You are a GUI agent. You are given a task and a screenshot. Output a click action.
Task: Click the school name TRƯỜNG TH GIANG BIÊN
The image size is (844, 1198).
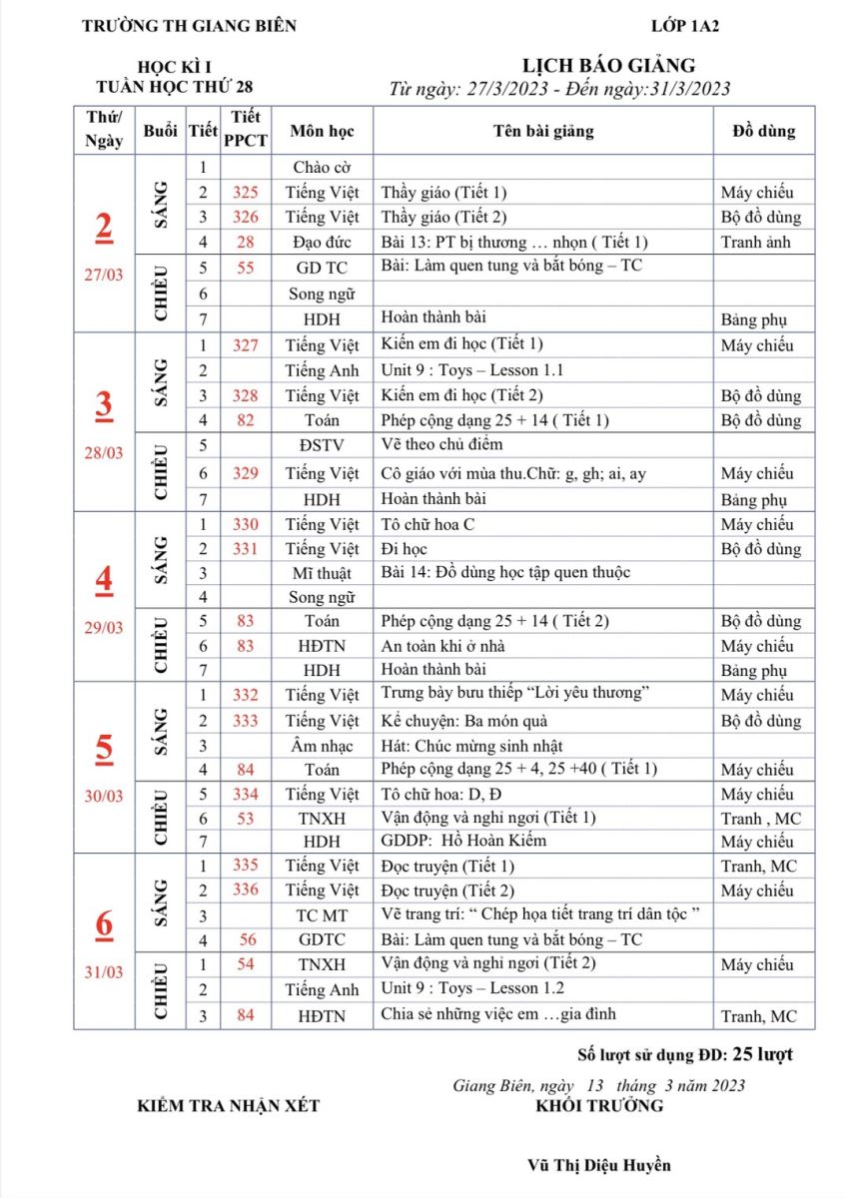[189, 26]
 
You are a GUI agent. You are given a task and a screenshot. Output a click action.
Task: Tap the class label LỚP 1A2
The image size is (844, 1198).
[684, 26]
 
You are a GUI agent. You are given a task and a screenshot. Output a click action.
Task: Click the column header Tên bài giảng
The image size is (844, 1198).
[543, 131]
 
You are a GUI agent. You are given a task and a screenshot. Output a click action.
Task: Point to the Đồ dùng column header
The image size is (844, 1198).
[763, 131]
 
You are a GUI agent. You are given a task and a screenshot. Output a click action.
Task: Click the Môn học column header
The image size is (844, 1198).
[322, 131]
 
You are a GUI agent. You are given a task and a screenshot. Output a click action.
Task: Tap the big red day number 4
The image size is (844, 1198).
[104, 579]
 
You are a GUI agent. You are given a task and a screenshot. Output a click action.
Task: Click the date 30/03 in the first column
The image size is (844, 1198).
[104, 798]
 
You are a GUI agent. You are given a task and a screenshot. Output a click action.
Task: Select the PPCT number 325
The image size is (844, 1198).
[246, 193]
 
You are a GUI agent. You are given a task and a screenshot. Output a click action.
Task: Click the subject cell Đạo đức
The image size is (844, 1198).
[322, 242]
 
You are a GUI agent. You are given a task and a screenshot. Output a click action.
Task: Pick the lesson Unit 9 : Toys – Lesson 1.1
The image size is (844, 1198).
[472, 370]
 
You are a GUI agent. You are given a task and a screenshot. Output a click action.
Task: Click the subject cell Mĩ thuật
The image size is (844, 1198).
[322, 573]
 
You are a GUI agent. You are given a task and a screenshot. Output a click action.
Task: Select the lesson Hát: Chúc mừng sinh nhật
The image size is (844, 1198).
[472, 746]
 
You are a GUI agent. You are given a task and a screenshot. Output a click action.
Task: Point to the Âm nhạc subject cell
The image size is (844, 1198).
[322, 746]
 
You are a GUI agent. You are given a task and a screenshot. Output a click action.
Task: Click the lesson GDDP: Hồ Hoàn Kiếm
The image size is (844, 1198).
[463, 841]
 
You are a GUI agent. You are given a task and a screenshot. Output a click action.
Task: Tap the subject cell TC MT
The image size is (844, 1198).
[322, 915]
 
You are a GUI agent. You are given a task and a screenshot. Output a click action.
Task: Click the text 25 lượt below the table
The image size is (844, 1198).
[763, 1054]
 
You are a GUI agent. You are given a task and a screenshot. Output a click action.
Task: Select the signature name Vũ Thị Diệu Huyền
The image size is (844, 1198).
[599, 1165]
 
